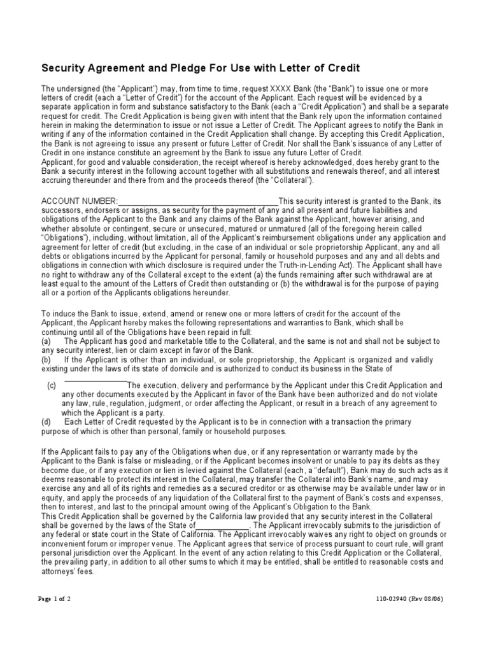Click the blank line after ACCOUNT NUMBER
(x=198, y=202)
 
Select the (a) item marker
(x=46, y=341)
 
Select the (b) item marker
(x=46, y=359)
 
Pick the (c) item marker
(x=52, y=386)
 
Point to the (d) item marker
(x=46, y=422)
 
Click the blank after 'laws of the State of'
(x=223, y=525)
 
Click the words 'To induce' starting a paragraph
(x=57, y=314)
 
